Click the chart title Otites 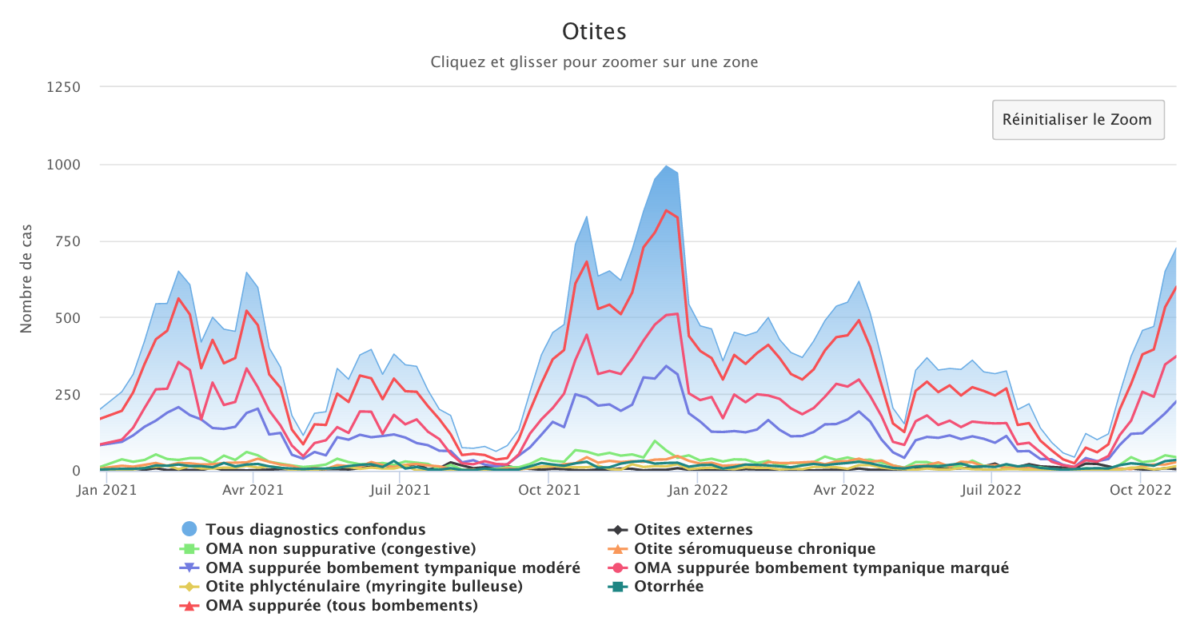594,31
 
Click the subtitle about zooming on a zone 594,62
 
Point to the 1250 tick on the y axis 63,87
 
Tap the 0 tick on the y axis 77,471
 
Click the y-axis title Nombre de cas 26,279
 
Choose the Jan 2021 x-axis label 107,490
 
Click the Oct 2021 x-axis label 549,490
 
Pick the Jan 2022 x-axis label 697,490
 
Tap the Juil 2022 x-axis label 991,490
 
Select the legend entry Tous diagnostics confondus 315,529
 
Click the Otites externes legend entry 693,529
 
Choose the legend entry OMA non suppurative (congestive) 341,548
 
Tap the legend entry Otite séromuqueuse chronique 755,548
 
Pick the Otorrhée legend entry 668,587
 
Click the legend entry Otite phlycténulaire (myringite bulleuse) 364,587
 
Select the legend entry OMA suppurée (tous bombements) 341,606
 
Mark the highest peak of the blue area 666,166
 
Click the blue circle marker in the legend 189,529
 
